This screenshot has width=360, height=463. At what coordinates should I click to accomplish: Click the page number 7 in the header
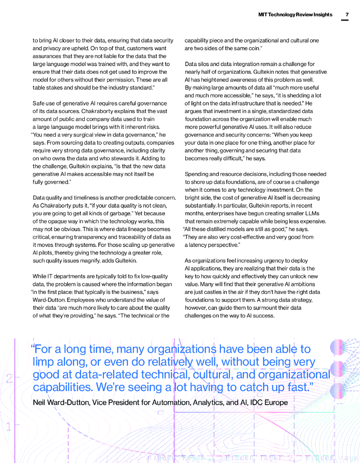347,14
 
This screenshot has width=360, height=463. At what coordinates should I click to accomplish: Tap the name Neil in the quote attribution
41,402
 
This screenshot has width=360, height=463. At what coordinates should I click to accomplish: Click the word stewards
131,158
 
